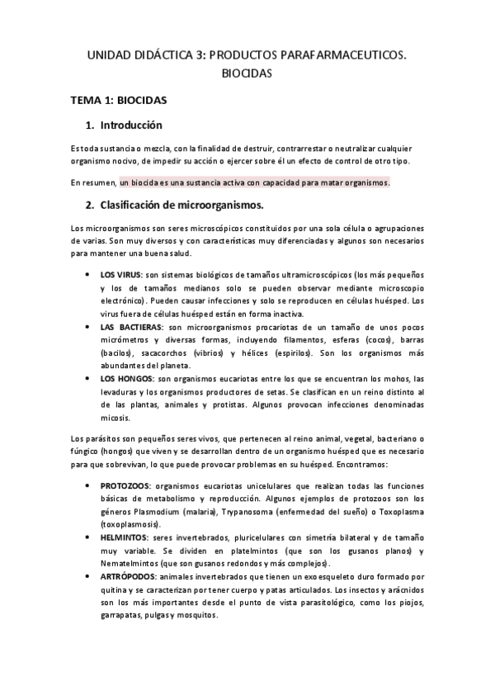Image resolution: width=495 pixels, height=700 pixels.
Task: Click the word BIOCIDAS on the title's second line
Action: pyautogui.click(x=247, y=73)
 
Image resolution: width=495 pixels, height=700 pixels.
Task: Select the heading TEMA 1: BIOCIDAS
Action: pyautogui.click(x=119, y=101)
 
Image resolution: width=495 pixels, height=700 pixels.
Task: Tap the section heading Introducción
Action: pyautogui.click(x=130, y=125)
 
